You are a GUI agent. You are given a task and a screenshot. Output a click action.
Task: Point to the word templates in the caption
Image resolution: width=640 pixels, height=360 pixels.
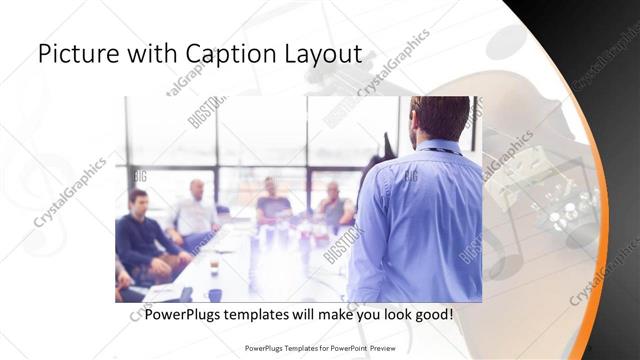tap(270, 314)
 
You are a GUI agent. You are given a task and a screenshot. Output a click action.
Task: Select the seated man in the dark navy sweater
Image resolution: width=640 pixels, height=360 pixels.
tap(141, 236)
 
